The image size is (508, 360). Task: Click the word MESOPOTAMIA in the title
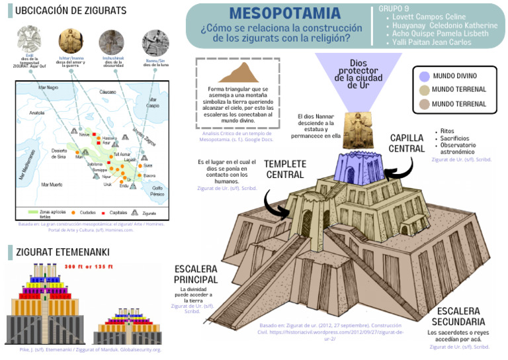click(x=284, y=13)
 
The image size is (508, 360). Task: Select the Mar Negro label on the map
click(x=48, y=87)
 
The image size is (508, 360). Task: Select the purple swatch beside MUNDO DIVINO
click(x=422, y=76)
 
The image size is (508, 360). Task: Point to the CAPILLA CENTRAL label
click(x=407, y=143)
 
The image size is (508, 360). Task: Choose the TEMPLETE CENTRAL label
click(x=285, y=169)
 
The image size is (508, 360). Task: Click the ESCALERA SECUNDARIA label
click(x=459, y=316)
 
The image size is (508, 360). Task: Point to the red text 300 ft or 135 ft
click(x=89, y=267)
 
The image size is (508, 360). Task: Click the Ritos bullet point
click(x=447, y=131)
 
